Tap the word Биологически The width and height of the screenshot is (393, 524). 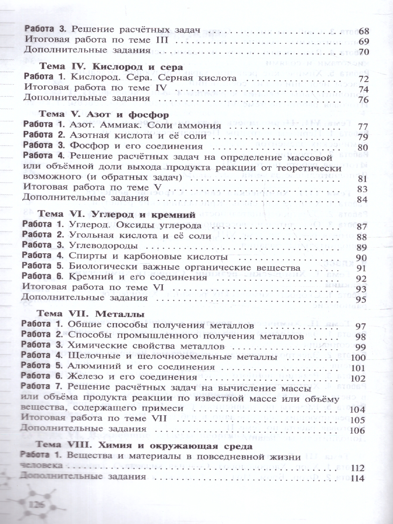click(103, 267)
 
